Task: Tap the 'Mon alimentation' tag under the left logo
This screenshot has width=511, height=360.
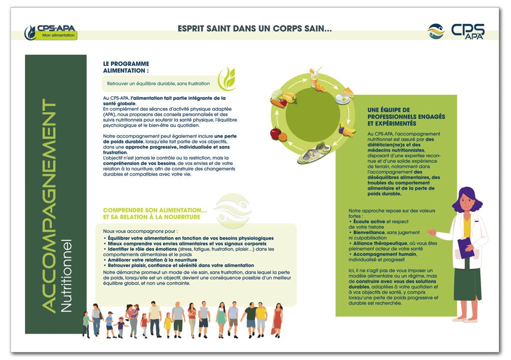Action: [58, 35]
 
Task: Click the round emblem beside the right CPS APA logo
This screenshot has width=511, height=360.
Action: [436, 31]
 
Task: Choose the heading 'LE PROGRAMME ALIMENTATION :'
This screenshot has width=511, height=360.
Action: [126, 67]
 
